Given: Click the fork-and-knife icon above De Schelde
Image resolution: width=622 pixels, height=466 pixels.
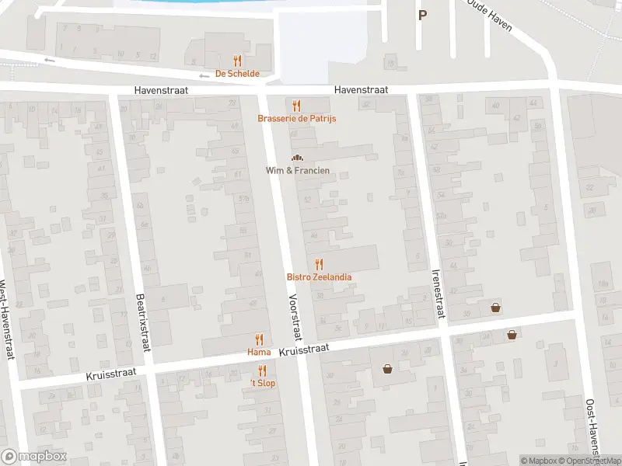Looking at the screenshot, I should (x=237, y=61).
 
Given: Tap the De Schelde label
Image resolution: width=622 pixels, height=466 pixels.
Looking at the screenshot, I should (x=237, y=74).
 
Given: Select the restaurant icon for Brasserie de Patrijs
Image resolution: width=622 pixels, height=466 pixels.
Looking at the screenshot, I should (x=296, y=106).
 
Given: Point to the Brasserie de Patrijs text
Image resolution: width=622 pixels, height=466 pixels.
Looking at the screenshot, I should (x=297, y=119).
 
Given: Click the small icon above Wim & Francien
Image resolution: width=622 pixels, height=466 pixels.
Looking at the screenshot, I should (x=296, y=158).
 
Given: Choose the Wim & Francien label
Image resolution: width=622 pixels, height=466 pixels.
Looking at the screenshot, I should (x=298, y=170).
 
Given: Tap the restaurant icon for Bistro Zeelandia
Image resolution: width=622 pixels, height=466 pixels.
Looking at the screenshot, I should (x=319, y=265).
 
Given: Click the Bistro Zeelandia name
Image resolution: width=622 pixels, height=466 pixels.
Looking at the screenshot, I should (x=319, y=277).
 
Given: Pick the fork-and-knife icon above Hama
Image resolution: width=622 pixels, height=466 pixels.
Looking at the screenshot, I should (x=259, y=339).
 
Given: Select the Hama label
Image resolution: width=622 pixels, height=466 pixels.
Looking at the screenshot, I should (x=259, y=353).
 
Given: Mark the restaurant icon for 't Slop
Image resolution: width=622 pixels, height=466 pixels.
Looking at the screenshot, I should (x=263, y=370).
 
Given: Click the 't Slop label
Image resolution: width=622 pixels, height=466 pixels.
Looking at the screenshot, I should (x=263, y=384).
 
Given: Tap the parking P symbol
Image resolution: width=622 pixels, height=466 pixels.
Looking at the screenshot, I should (x=422, y=15).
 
